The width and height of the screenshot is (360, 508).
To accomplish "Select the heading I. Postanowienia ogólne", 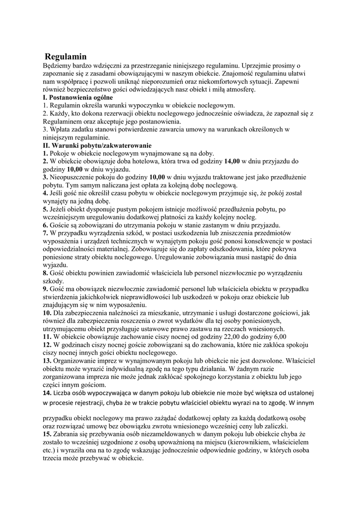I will tap(78, 98).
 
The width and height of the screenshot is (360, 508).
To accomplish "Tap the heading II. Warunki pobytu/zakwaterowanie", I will tap(97, 146).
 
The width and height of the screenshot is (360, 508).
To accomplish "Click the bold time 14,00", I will tap(232, 161).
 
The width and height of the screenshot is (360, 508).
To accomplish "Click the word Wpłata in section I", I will tap(62, 129).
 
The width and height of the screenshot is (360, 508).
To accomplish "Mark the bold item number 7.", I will tap(45, 233).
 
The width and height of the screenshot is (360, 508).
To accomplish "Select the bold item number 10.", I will tap(47, 313).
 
